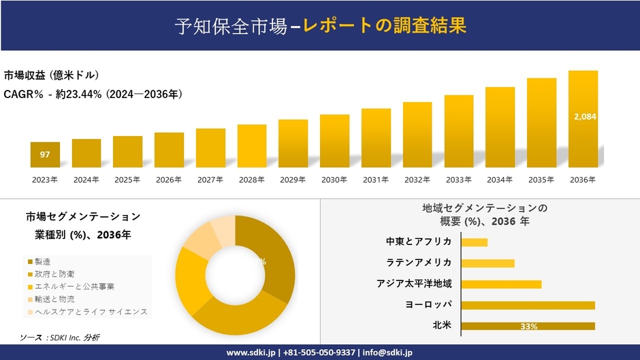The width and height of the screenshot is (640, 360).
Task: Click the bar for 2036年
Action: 583,119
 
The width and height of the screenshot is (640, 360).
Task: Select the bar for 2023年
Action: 45,154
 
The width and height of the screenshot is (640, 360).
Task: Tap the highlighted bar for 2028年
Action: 251,146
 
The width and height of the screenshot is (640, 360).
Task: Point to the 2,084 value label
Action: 585,116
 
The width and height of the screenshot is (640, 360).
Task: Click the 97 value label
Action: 45,154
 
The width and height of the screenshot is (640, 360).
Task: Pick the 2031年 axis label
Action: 375,180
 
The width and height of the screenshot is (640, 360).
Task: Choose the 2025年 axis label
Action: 127,180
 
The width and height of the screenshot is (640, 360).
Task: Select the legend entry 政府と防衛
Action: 50,274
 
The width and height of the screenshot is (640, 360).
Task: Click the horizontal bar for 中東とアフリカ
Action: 475,242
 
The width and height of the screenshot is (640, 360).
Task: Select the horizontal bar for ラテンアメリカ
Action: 487,263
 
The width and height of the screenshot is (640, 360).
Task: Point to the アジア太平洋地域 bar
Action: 501,284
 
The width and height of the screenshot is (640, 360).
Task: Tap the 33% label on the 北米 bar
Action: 528,327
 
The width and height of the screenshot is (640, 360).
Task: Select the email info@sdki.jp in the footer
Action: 389,353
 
